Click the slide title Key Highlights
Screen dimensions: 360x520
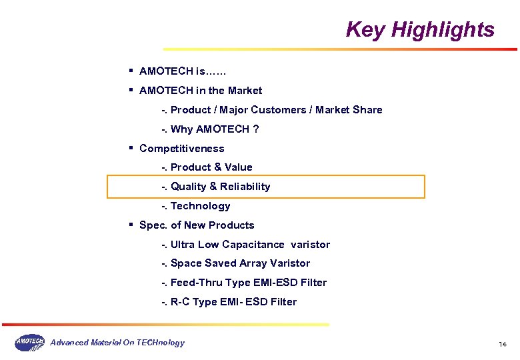pyautogui.click(x=420, y=30)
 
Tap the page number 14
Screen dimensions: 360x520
pyautogui.click(x=503, y=344)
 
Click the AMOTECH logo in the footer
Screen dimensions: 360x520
pyautogui.click(x=29, y=343)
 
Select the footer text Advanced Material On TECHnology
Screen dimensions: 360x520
pyautogui.click(x=117, y=343)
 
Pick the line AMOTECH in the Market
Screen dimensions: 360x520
pyautogui.click(x=200, y=91)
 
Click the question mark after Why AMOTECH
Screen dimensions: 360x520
pyautogui.click(x=255, y=129)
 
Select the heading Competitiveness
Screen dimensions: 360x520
pyautogui.click(x=181, y=149)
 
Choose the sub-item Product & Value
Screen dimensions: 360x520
pyautogui.click(x=211, y=167)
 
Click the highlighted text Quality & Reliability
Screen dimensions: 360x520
pyautogui.click(x=220, y=187)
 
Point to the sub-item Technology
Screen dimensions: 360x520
pyautogui.click(x=200, y=206)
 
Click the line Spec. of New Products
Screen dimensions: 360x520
pyautogui.click(x=197, y=225)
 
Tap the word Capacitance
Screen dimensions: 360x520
pyautogui.click(x=253, y=245)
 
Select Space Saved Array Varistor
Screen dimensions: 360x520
pyautogui.click(x=240, y=263)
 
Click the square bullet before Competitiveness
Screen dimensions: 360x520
pyautogui.click(x=132, y=148)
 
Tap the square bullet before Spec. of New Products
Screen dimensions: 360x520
pyautogui.click(x=132, y=225)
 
